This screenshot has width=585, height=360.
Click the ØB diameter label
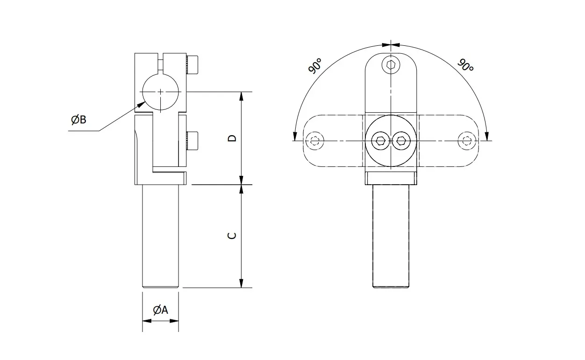click(x=78, y=120)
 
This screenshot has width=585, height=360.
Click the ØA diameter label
click(x=160, y=310)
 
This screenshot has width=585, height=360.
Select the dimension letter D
click(x=232, y=138)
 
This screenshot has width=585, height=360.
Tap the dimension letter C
click(x=232, y=236)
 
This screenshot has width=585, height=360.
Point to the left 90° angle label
click(x=315, y=66)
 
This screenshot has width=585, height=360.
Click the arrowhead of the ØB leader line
click(x=142, y=105)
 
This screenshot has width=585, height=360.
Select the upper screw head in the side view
click(x=192, y=65)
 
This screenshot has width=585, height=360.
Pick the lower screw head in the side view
click(x=192, y=141)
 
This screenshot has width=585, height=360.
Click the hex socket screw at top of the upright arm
click(x=391, y=65)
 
